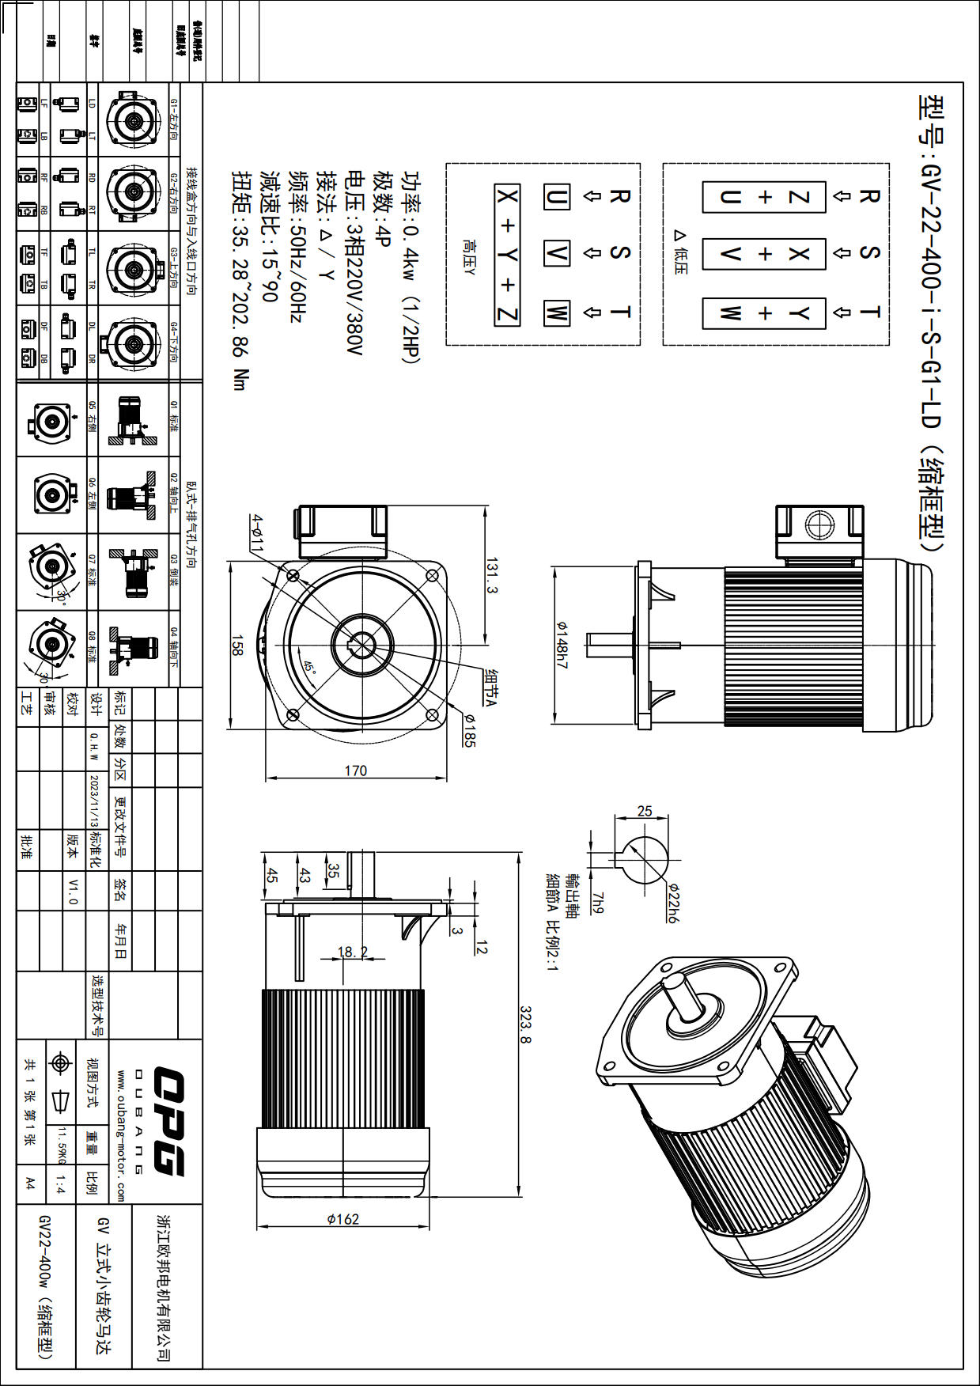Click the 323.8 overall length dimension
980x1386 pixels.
tap(525, 1024)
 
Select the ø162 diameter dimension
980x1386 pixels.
tap(342, 1219)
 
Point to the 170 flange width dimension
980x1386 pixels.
tap(355, 771)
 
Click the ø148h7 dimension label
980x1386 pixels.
tap(561, 645)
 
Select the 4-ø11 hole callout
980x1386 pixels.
tap(257, 532)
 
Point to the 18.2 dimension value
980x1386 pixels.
tap(352, 952)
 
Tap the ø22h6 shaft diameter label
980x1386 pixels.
tap(673, 902)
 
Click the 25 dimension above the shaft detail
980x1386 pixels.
tap(645, 811)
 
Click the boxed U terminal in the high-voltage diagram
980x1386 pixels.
tap(557, 196)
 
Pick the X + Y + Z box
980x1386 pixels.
tap(507, 255)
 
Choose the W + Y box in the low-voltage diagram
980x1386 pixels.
tap(764, 313)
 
